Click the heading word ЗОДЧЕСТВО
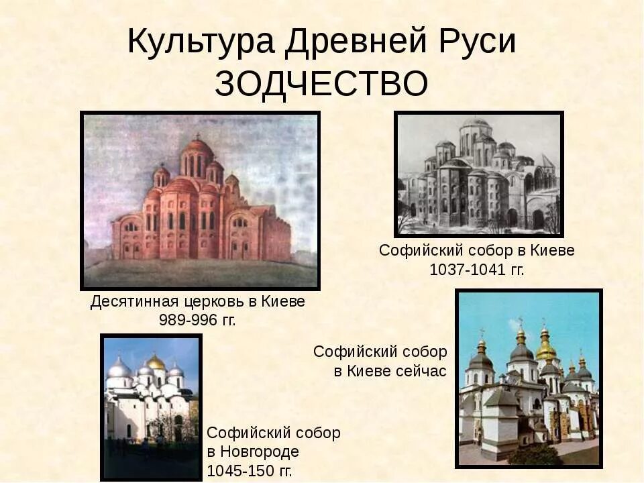pyautogui.click(x=321, y=84)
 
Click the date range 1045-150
pyautogui.click(x=239, y=470)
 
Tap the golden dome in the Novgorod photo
pyautogui.click(x=156, y=362)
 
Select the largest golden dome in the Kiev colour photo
pyautogui.click(x=546, y=350)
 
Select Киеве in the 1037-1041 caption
pyautogui.click(x=552, y=250)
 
